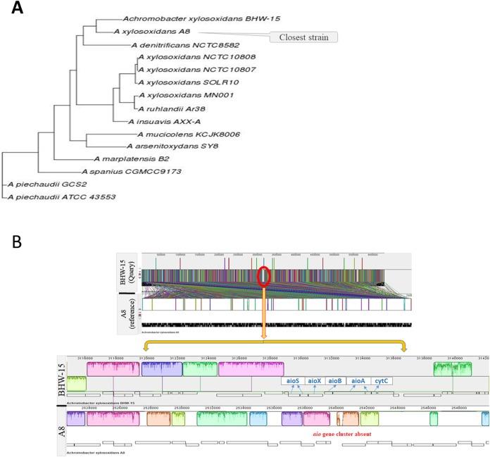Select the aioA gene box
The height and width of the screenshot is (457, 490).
tap(358, 381)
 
